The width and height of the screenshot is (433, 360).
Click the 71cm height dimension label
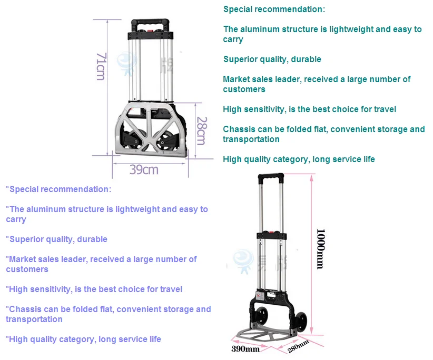[101, 65]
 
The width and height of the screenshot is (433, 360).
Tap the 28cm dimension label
[200, 131]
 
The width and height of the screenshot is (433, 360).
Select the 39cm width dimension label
[144, 169]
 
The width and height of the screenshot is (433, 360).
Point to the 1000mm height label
[319, 248]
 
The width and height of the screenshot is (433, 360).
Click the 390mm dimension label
[245, 349]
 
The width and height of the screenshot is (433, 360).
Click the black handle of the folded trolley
[151, 25]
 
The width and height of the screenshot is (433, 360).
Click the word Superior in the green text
[240, 59]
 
